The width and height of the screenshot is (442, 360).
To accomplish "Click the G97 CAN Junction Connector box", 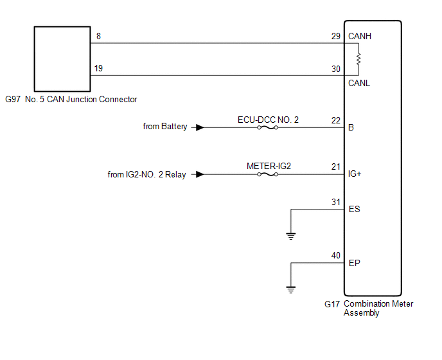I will click(x=62, y=59).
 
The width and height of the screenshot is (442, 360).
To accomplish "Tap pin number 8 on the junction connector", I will click(x=98, y=37).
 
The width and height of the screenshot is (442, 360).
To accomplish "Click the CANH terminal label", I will click(x=360, y=37).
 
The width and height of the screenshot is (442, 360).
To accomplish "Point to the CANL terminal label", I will click(x=359, y=83).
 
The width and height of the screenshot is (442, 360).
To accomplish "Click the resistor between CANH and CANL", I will click(x=358, y=59).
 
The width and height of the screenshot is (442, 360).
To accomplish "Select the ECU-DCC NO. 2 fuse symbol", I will click(x=267, y=127).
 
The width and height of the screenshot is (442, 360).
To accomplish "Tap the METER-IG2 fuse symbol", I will click(x=267, y=174).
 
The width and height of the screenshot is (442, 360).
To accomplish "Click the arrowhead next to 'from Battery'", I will click(x=200, y=127).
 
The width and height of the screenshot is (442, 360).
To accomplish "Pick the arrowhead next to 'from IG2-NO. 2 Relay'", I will click(x=200, y=174).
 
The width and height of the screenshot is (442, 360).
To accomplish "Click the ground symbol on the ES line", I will click(x=291, y=236).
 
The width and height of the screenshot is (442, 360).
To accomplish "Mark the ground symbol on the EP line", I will click(x=291, y=289).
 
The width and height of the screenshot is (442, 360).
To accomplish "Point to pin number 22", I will click(x=336, y=120).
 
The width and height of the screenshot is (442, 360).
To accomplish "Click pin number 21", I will click(x=336, y=167).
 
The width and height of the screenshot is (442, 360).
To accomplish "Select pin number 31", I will click(x=336, y=202).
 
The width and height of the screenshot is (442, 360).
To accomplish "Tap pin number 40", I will click(x=336, y=256).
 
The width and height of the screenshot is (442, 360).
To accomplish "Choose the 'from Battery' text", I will click(x=165, y=127).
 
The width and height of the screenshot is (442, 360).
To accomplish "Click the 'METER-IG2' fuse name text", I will click(x=269, y=166).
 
